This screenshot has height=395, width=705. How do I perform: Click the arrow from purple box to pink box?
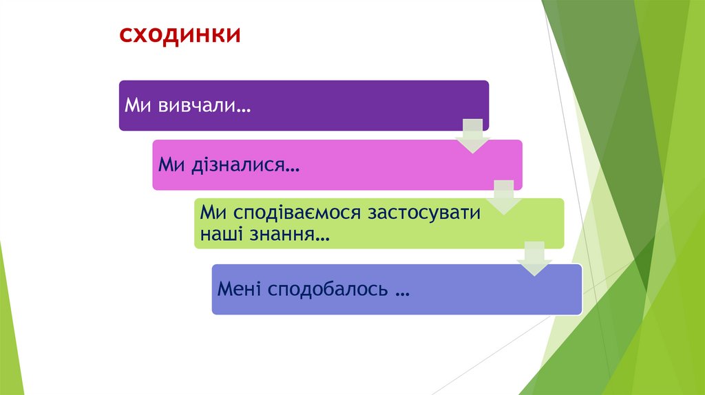(473, 135)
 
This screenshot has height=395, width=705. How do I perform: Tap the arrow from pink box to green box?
(504, 196)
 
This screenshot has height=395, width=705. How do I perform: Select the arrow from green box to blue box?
(535, 258)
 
